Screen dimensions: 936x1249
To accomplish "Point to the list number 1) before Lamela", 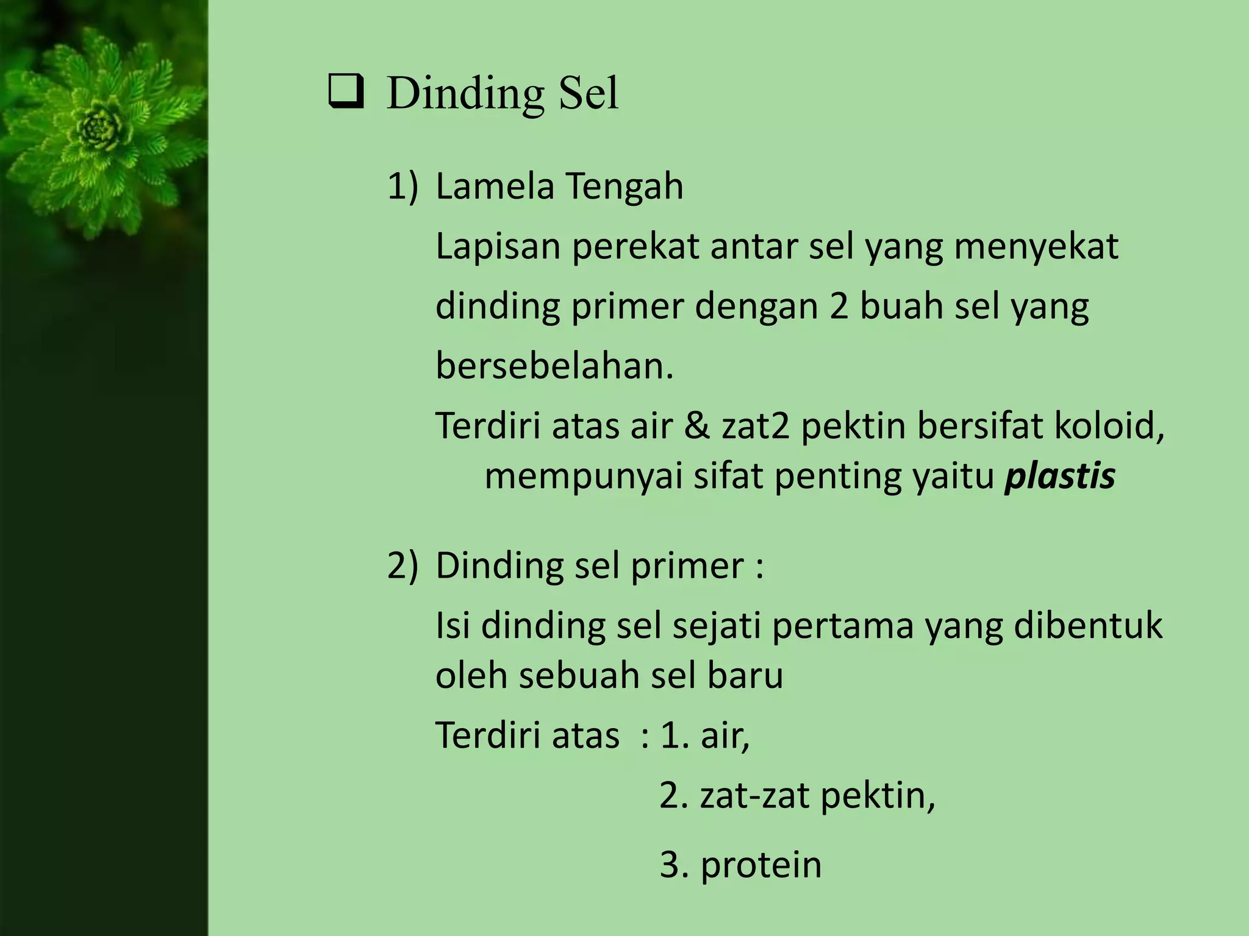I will click(403, 186).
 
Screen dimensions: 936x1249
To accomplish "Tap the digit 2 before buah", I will click(839, 306).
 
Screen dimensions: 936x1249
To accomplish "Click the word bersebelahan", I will click(554, 366).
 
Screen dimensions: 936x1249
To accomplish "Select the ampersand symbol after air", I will click(697, 425).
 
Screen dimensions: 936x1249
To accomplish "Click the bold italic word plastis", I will click(1060, 476).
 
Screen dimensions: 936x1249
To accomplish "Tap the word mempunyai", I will click(582, 477).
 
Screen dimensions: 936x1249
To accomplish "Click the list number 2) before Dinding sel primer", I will click(403, 565).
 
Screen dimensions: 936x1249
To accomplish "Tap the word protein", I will click(760, 865).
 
